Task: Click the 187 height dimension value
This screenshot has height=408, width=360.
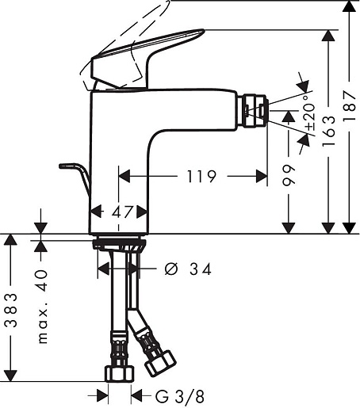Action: [x=349, y=105]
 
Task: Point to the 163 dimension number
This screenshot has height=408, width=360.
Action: [x=328, y=131]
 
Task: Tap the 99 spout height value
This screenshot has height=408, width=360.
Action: [x=288, y=175]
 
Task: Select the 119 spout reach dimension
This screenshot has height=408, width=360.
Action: [x=201, y=177]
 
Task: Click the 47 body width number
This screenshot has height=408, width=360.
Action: [x=122, y=212]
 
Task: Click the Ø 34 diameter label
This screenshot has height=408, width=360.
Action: [x=188, y=269]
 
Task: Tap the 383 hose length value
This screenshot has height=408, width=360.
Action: [x=12, y=310]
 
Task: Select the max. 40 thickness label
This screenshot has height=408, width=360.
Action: [x=43, y=307]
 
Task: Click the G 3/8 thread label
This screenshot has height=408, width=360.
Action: [x=180, y=397]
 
